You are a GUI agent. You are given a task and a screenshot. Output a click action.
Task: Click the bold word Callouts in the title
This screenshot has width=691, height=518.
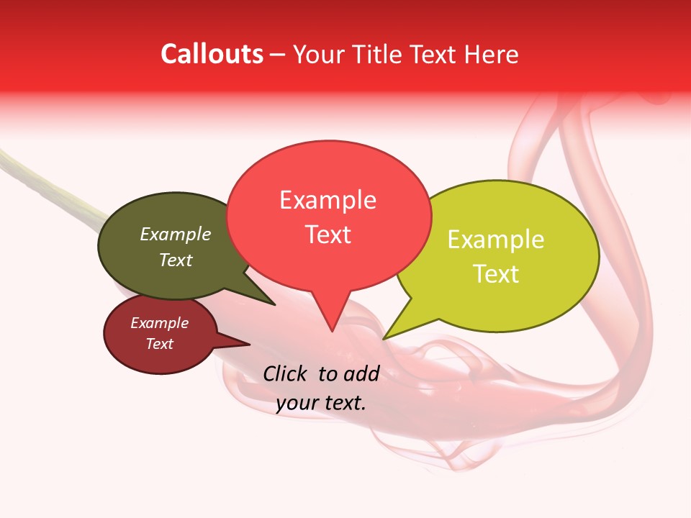pos(212,54)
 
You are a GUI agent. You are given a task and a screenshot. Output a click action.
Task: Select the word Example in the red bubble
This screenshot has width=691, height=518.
pos(328,200)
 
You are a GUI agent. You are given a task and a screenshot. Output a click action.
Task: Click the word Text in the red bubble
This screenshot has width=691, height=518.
pos(328,234)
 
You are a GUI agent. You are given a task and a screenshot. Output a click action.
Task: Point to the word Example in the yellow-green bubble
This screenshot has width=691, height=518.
pos(496,240)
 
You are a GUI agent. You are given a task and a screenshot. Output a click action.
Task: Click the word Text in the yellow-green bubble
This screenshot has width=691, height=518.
pos(496,273)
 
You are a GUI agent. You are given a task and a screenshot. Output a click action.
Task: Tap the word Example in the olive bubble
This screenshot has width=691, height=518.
pos(175,234)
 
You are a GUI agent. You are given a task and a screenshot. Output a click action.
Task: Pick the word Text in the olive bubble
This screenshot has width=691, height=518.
pos(175,260)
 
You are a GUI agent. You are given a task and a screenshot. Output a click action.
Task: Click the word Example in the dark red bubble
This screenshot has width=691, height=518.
pos(159,323)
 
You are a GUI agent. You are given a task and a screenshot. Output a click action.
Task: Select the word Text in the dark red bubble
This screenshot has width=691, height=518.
pos(159,344)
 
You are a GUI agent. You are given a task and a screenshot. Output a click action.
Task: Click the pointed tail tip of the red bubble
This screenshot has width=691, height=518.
pos(332,331)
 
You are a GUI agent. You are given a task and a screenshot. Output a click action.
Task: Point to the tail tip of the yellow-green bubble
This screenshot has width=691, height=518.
pos(383,339)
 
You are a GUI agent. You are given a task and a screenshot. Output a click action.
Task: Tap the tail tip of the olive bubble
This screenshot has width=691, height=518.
pos(275,305)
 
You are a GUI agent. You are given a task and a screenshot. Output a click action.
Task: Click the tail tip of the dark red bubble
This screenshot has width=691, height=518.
pos(250,344)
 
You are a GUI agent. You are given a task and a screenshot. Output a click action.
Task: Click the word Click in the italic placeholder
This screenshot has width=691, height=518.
pos(286,373)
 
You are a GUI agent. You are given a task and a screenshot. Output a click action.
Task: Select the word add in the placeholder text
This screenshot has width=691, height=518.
pos(361,373)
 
